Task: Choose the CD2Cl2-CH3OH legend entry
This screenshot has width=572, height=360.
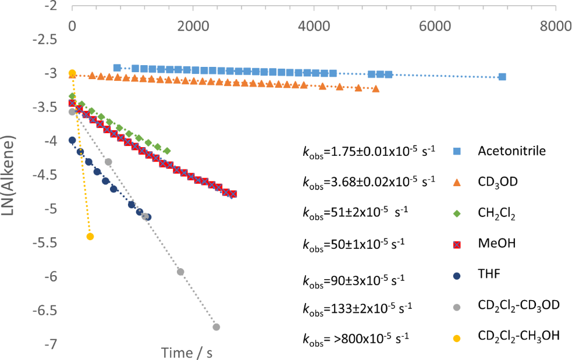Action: click(518, 336)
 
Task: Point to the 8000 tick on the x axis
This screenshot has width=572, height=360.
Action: click(555, 26)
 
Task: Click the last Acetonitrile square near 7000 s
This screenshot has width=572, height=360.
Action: click(502, 77)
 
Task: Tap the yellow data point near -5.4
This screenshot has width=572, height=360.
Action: click(90, 236)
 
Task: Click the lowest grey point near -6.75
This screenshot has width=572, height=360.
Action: click(216, 327)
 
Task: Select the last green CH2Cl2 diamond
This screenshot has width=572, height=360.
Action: click(167, 151)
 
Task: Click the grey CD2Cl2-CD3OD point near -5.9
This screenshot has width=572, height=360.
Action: click(180, 272)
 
